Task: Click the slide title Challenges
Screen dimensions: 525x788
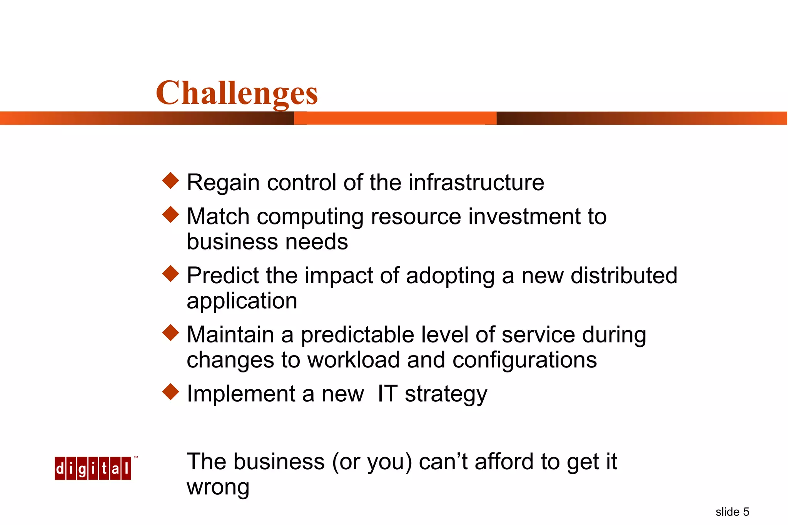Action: point(237,93)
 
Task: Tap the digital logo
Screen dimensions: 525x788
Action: point(93,469)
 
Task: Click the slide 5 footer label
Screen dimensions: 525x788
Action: point(732,512)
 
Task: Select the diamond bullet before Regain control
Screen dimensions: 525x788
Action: point(171,181)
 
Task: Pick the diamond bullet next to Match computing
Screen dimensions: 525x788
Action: point(171,214)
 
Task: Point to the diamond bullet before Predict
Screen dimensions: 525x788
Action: point(171,274)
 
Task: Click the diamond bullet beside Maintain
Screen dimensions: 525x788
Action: point(171,333)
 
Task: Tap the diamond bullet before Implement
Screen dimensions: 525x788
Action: point(171,392)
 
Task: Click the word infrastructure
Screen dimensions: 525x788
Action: point(476,182)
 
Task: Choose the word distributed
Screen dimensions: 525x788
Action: point(624,276)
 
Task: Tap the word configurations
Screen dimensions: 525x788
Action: point(524,361)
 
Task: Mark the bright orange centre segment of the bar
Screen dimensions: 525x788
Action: point(395,118)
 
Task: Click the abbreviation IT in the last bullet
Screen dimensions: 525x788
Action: point(387,394)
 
